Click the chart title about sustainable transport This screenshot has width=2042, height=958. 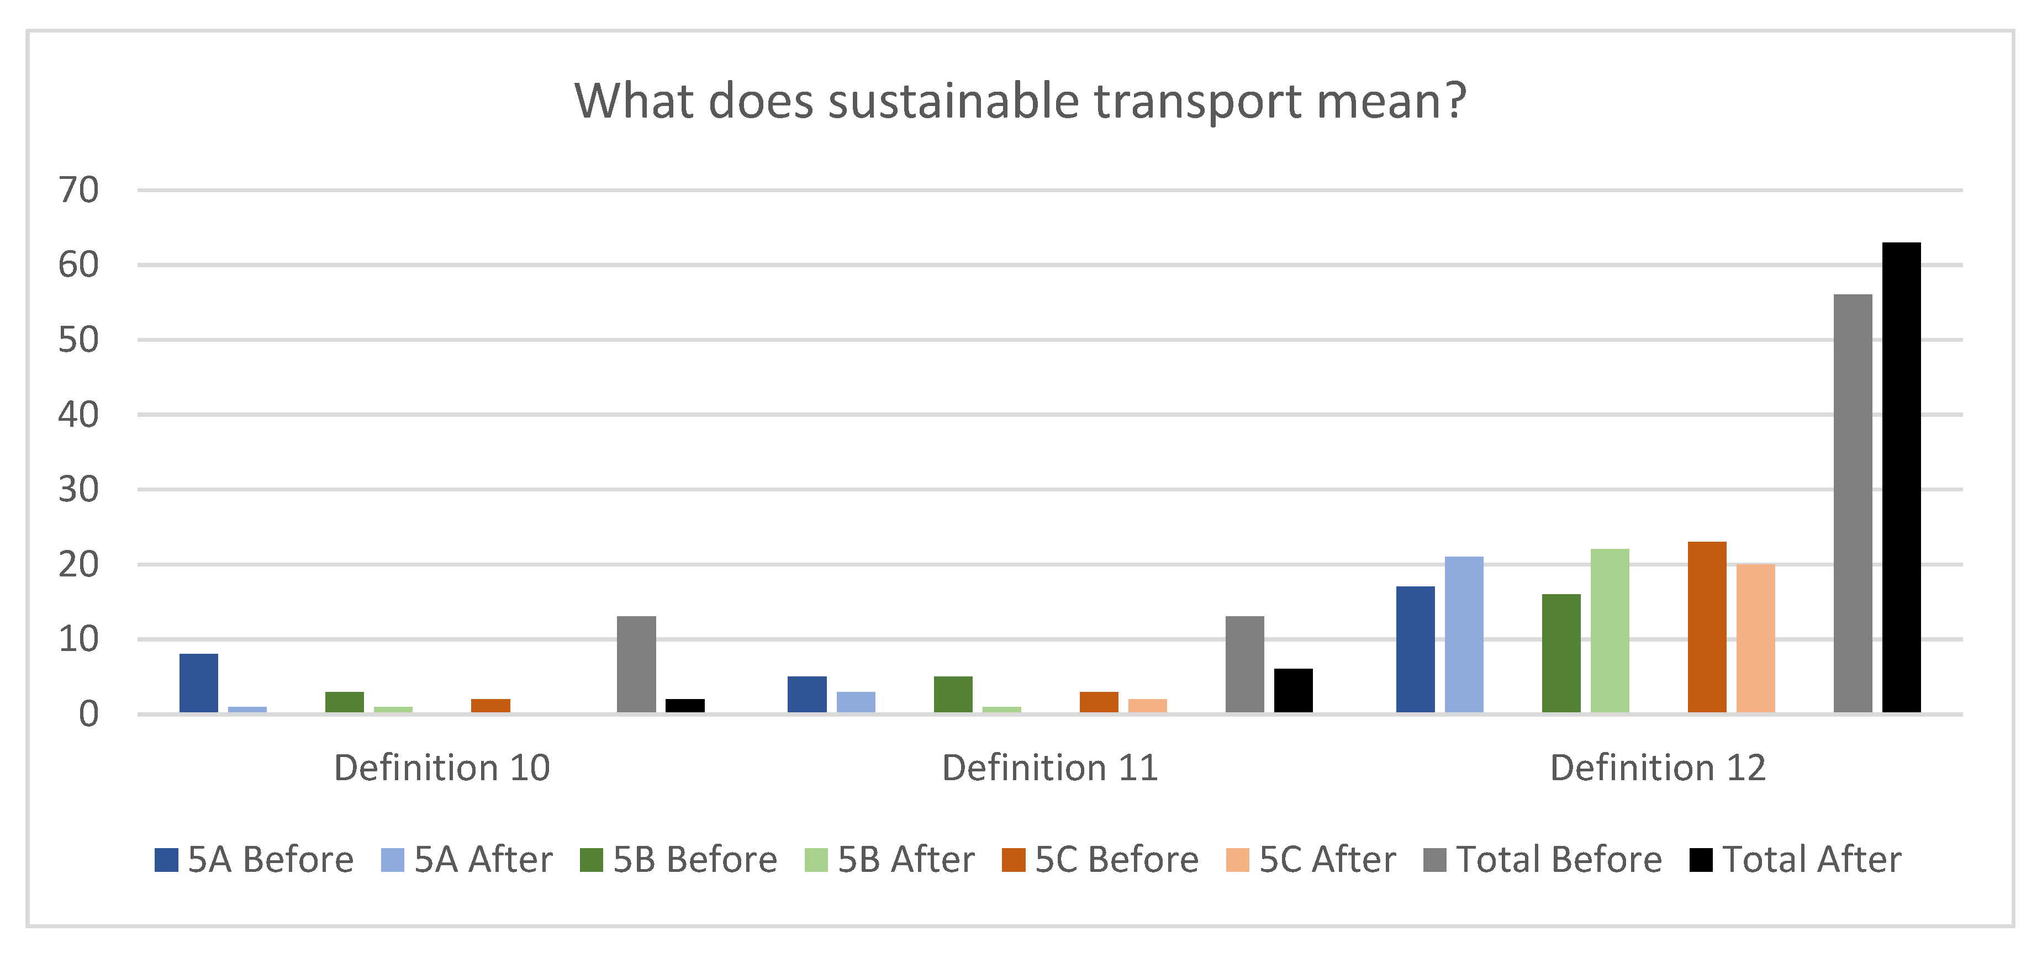(1020, 102)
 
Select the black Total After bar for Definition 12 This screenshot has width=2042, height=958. (1901, 478)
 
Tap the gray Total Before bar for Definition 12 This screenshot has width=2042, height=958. (1853, 504)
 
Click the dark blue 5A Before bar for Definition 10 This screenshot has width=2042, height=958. (198, 683)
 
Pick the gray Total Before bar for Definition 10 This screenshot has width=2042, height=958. (636, 664)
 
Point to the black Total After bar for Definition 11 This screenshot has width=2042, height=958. (1293, 691)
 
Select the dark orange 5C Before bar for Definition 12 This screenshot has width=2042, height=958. (1707, 628)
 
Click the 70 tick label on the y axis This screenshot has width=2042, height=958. (78, 190)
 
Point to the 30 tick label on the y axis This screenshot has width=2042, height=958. (78, 490)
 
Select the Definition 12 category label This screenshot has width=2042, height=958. (1658, 768)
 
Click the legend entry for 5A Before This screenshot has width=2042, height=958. (254, 860)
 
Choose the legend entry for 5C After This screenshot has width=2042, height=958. (1310, 860)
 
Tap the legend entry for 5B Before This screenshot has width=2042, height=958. (679, 860)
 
